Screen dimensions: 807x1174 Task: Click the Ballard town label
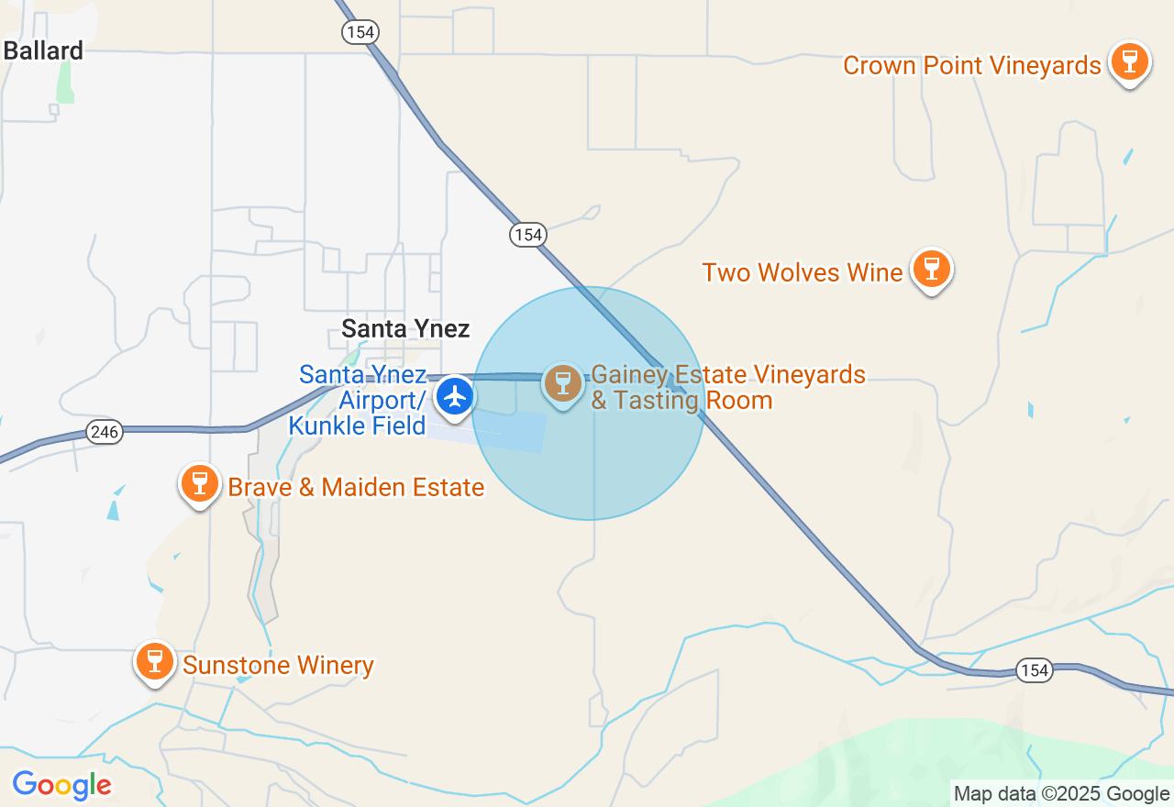pyautogui.click(x=43, y=50)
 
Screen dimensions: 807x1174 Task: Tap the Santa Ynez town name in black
pyautogui.click(x=405, y=328)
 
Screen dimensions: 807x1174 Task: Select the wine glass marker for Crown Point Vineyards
pyautogui.click(x=1129, y=62)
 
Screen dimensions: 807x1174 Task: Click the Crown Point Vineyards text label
pyautogui.click(x=971, y=66)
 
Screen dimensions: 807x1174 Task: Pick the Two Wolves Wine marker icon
pyautogui.click(x=932, y=270)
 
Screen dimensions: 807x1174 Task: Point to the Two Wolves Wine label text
pyautogui.click(x=802, y=272)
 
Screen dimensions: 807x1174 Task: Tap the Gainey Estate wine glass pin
pyautogui.click(x=562, y=383)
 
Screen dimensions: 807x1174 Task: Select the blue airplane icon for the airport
pyautogui.click(x=454, y=397)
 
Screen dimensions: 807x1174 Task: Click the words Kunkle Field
pyautogui.click(x=357, y=426)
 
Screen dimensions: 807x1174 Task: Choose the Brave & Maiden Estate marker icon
pyautogui.click(x=199, y=483)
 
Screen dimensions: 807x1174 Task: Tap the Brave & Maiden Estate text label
pyautogui.click(x=356, y=487)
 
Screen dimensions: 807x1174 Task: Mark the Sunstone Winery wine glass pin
pyautogui.click(x=155, y=660)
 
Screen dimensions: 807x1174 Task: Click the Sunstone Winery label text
pyautogui.click(x=278, y=665)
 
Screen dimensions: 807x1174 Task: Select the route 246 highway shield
pyautogui.click(x=105, y=432)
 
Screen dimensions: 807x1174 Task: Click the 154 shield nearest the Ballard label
pyautogui.click(x=360, y=32)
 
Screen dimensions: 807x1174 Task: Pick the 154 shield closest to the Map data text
pyautogui.click(x=1034, y=670)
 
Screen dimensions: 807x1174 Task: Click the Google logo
pyautogui.click(x=61, y=786)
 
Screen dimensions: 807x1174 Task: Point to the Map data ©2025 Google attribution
pyautogui.click(x=1061, y=794)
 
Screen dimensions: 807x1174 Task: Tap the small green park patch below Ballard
pyautogui.click(x=64, y=84)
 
